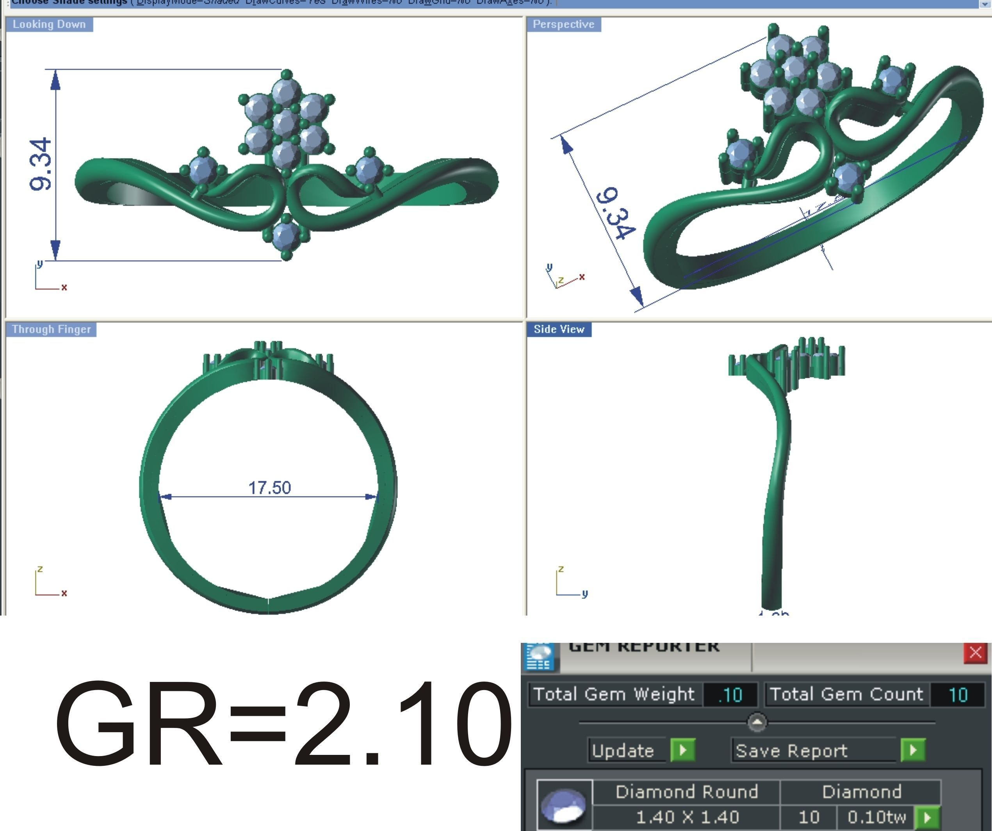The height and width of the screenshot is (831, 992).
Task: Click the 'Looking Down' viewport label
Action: coord(49,24)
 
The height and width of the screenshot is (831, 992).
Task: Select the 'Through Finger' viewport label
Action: coord(51,329)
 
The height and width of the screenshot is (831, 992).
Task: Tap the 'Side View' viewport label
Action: coord(559,329)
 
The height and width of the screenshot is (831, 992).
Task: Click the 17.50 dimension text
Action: coord(269,488)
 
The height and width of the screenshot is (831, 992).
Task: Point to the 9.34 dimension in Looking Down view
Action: coord(41,164)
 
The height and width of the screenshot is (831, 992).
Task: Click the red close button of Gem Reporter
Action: coord(975,653)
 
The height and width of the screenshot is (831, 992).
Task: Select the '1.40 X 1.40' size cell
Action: coord(687,817)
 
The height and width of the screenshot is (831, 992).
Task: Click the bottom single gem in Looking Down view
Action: coord(285,235)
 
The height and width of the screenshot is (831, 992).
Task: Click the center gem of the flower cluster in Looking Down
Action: coord(285,123)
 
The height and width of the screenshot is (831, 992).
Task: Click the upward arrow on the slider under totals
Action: coord(757,722)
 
